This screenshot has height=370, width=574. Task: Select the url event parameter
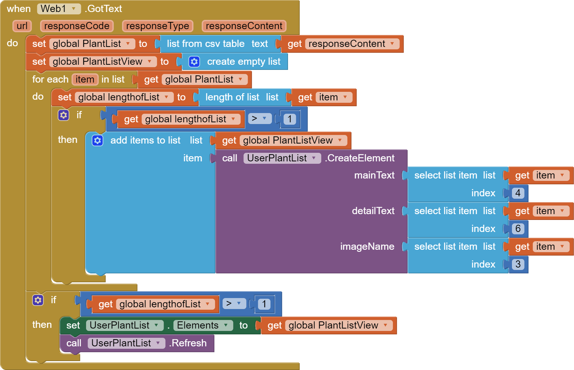22,26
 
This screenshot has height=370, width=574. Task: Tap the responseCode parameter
76,26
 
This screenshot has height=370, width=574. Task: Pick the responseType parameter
157,26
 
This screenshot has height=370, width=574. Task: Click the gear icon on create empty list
194,62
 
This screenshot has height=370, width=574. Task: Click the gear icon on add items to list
98,140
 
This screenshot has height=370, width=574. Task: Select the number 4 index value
518,193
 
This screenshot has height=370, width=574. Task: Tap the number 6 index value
518,229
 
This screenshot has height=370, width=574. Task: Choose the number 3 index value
518,264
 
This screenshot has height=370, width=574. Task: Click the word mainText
374,175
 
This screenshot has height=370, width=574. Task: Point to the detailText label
373,211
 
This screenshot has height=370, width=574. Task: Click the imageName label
367,247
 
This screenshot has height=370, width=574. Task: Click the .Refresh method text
188,343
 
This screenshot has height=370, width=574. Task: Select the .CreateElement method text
360,158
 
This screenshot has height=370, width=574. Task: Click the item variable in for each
85,79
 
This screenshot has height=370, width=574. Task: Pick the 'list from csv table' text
205,44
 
